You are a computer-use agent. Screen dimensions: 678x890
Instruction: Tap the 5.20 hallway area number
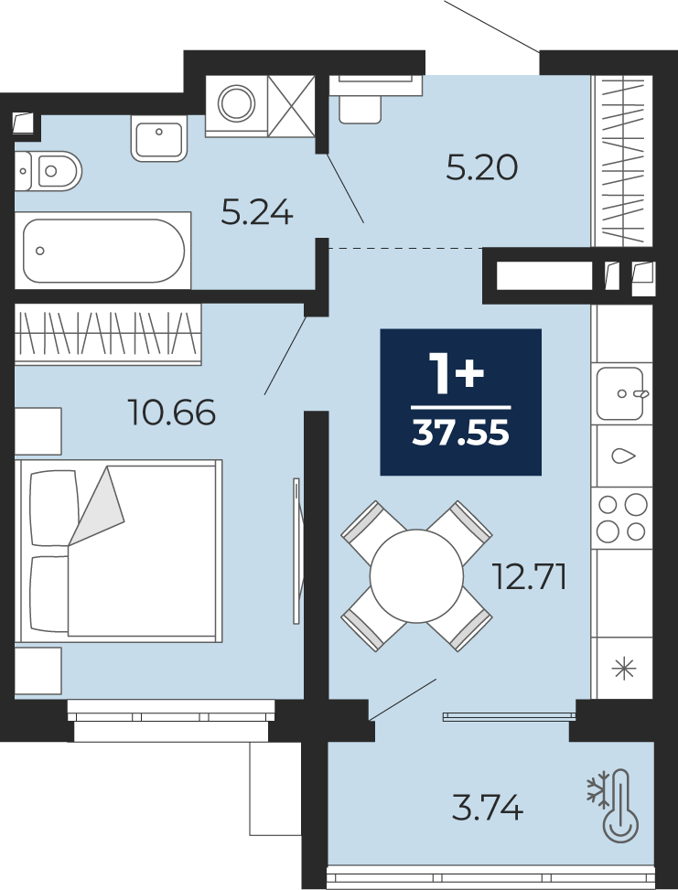coord(481,168)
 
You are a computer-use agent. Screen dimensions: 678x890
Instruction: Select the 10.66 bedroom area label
coord(172,413)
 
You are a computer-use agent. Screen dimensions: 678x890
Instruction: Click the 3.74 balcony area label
coord(487,808)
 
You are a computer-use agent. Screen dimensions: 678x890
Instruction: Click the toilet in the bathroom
coord(48,171)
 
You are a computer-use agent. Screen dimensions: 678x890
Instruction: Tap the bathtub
coord(103,251)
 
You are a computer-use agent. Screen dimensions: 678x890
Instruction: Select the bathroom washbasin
coord(159,138)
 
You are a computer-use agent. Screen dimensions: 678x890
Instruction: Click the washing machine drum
coord(236,103)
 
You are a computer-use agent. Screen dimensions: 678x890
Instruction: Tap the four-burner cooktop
coord(622,518)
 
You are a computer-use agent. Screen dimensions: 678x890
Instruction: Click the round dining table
coord(416,576)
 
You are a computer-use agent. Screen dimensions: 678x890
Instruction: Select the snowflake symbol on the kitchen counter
coord(623,668)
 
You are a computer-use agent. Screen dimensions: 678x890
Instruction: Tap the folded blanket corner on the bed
coord(97,507)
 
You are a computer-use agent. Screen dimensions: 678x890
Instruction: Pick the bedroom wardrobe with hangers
coord(108,333)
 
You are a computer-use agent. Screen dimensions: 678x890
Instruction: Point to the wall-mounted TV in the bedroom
coord(296,551)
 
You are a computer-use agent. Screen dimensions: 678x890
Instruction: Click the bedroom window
coord(171,720)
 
